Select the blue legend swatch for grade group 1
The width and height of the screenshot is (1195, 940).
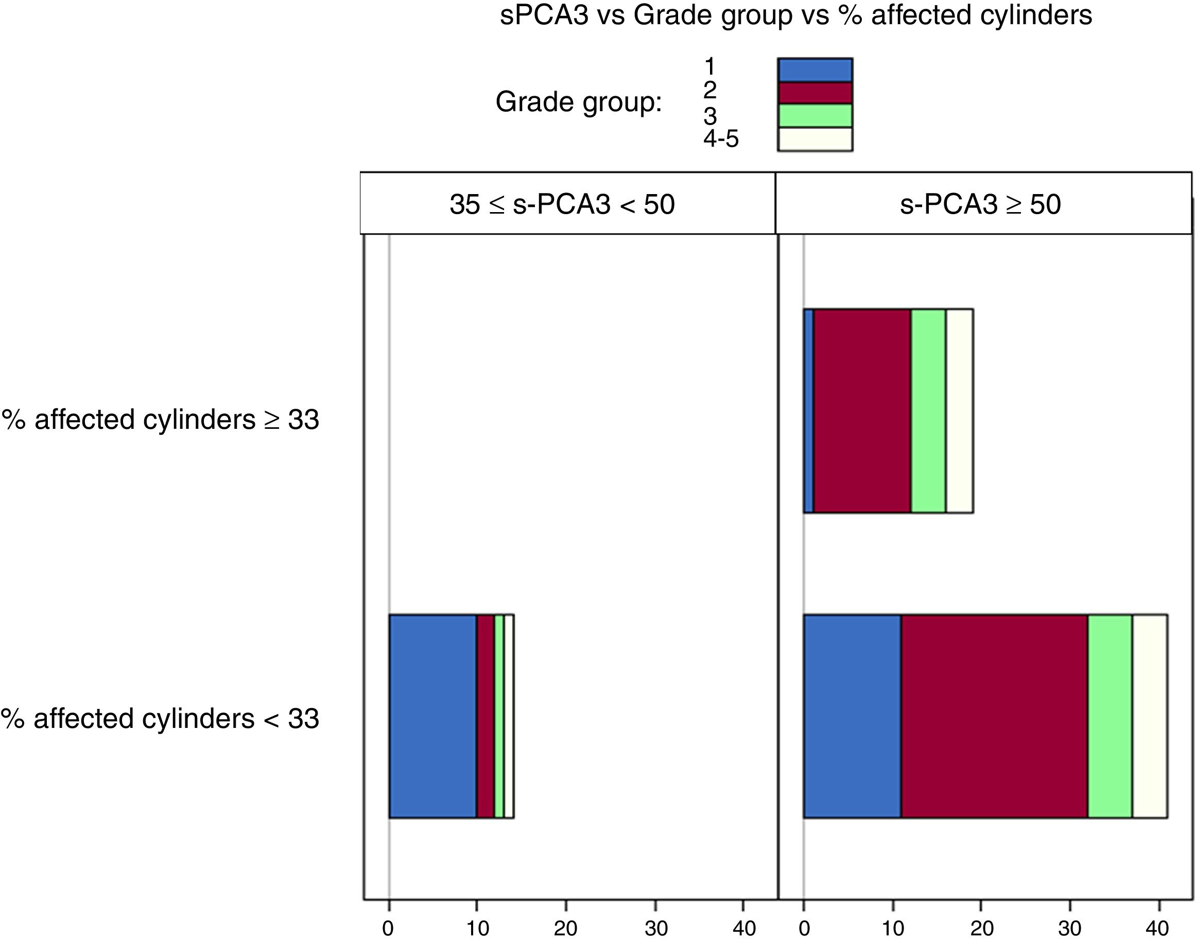[815, 70]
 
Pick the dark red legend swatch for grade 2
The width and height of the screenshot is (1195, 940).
[815, 93]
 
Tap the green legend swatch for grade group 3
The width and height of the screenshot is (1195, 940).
[815, 116]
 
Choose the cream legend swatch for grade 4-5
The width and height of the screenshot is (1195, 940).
[815, 138]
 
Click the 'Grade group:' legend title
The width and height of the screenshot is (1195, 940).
[579, 102]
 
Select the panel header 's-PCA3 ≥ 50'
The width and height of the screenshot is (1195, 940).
[980, 205]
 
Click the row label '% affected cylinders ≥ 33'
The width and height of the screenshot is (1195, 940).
[160, 420]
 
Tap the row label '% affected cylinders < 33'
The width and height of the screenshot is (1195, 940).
[160, 719]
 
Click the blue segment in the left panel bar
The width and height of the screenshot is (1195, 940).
[432, 716]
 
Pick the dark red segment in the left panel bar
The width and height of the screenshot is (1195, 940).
[485, 716]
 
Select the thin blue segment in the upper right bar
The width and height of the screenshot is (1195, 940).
[808, 411]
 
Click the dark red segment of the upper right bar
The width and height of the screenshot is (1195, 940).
[862, 411]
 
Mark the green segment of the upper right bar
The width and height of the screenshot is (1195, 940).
[928, 411]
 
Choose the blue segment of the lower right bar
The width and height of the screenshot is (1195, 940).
[852, 716]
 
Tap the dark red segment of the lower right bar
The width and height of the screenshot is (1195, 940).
[994, 716]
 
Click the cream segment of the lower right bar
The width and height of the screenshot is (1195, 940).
[1149, 716]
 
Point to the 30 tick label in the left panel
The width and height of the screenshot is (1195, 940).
[655, 929]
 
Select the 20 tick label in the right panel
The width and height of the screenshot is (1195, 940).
[981, 929]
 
